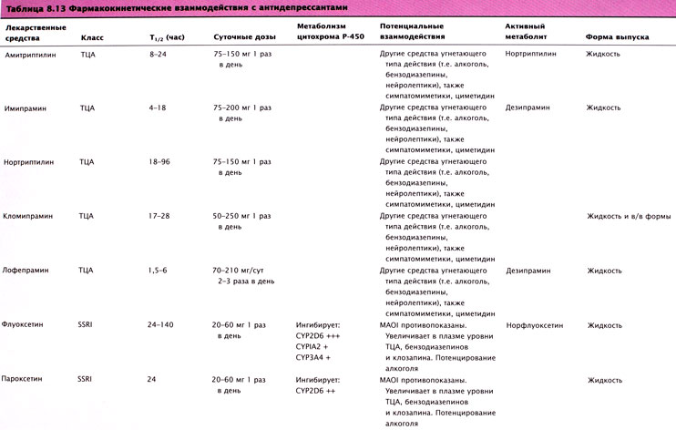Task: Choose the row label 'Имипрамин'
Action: tap(26, 107)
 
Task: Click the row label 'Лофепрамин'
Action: tap(29, 271)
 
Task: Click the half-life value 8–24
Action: tap(159, 55)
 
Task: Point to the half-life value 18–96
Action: tap(160, 162)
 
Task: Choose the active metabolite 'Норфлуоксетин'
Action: tap(534, 324)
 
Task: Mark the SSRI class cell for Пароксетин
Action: tap(85, 379)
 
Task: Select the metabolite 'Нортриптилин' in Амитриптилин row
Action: tap(531, 55)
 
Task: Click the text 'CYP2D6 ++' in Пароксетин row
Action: tap(319, 390)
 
